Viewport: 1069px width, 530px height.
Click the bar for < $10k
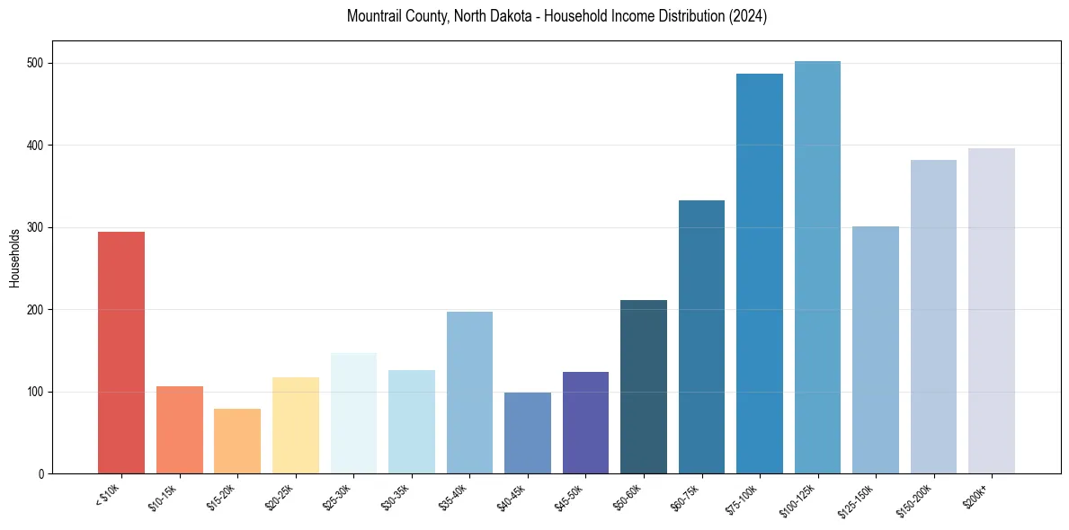[x=121, y=352]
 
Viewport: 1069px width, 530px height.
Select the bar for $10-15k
[x=180, y=429]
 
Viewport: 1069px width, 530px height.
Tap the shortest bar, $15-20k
[x=237, y=441]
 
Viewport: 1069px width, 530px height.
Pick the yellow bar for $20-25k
[x=296, y=425]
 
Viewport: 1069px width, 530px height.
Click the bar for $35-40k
[x=469, y=393]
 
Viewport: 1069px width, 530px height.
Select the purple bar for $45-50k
[x=585, y=422]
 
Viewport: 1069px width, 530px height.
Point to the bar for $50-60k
[x=644, y=386]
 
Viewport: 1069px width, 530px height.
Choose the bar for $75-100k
[x=760, y=273]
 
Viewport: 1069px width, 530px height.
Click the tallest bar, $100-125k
[x=817, y=267]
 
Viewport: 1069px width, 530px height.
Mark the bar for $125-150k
[x=876, y=349]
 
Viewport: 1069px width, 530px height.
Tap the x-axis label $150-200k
[x=918, y=499]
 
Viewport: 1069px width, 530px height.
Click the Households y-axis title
[x=14, y=258]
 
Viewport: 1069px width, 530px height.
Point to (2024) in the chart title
[x=749, y=16]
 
